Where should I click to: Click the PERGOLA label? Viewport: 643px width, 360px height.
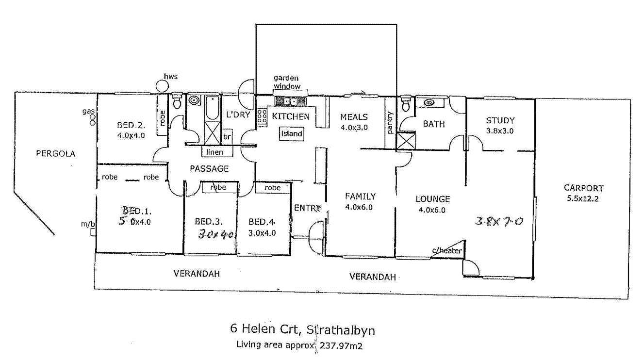coord(56,154)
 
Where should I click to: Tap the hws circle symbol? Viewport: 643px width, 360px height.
coord(162,86)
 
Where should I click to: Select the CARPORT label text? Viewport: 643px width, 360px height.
coord(583,188)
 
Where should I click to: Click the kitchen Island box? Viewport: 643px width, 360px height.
coord(292,133)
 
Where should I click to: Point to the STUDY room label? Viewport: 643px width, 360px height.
coord(500,120)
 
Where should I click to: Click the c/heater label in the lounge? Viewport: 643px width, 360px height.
coord(446,250)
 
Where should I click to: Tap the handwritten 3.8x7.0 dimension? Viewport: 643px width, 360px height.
coord(498,222)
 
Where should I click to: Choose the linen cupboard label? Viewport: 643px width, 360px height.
coord(215,152)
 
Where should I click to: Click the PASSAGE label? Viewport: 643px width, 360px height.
coord(209,169)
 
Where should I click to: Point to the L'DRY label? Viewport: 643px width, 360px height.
coord(238,115)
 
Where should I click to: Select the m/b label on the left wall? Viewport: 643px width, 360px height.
coord(88,224)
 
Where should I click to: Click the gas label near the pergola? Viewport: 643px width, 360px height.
coord(87,112)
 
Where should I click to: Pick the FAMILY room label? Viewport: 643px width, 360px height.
coord(360,196)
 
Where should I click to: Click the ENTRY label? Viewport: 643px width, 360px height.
coord(308,208)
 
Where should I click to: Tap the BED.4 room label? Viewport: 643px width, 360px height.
coord(262,222)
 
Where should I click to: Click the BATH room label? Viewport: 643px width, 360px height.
coord(433,124)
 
